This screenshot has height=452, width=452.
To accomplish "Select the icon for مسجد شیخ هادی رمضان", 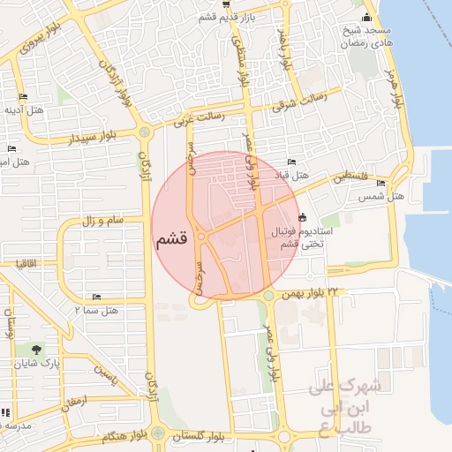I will (367, 19).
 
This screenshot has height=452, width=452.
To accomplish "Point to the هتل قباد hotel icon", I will (292, 162).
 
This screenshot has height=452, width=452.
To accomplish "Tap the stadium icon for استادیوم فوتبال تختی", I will (304, 217).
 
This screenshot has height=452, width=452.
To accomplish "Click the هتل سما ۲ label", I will (96, 310).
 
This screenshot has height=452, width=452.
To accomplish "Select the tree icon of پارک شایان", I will (35, 350).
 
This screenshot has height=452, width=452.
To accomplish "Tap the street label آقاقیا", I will (25, 263).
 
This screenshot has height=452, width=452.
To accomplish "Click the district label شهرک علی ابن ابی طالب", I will (350, 407).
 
